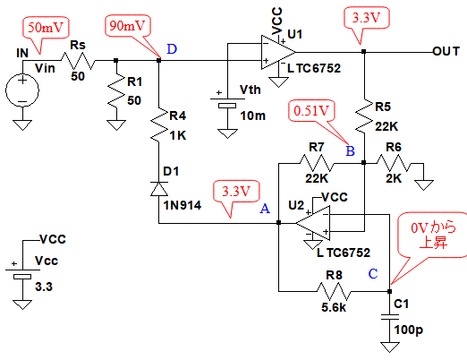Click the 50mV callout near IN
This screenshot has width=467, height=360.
point(46,28)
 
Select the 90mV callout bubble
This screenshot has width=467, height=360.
point(128,26)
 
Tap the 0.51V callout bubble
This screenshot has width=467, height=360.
point(311,111)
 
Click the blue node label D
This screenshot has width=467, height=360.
point(172,49)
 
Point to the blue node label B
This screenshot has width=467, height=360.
point(351,151)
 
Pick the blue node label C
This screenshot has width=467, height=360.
point(373,274)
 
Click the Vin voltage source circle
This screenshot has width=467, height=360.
point(22,90)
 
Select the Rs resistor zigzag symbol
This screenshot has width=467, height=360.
point(79,61)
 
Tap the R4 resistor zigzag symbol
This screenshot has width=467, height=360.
point(159,124)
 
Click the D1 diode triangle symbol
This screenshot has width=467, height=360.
point(159,189)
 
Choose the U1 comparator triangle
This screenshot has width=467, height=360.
point(278,52)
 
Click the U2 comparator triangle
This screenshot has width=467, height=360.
point(313,223)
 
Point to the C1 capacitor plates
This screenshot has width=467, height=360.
point(390,317)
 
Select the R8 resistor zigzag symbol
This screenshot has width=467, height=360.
point(334,291)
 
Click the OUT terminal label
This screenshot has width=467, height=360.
point(446,52)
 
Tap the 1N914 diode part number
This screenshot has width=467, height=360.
point(182,205)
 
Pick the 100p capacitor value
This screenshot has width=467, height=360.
point(409,330)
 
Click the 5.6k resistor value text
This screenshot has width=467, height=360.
point(334,307)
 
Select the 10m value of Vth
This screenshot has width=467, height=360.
point(253,116)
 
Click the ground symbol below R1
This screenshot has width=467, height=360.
point(116,124)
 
